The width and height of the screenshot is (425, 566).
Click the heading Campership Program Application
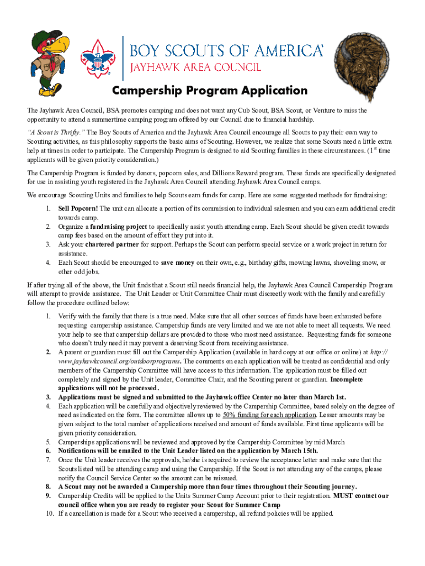[210, 91]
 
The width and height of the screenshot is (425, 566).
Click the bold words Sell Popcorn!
[78, 209]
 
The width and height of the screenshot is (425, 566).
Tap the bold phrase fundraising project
[119, 227]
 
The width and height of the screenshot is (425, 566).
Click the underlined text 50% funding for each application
[269, 415]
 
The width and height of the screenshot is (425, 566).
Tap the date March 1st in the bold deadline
[331, 397]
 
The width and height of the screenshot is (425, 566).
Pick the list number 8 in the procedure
[49, 487]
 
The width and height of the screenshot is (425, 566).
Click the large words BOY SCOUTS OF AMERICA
[226, 51]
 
